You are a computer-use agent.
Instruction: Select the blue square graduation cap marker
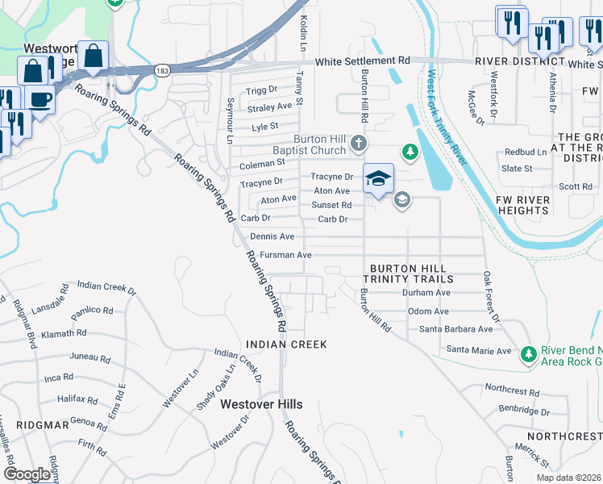pos(378,178)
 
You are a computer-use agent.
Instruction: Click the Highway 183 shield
pos(163,70)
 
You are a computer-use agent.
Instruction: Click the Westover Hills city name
pos(261,404)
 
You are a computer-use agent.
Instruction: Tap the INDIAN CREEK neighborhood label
pos(286,344)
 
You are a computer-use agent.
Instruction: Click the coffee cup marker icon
pos(39,99)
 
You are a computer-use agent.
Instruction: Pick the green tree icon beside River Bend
pos(528,353)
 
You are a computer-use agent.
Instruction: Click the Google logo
pos(27,474)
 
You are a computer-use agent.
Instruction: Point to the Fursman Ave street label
pos(285,255)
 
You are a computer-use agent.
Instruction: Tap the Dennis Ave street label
pos(272,236)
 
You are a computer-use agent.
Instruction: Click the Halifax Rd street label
pos(77,399)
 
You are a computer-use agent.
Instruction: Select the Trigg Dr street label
pos(262,90)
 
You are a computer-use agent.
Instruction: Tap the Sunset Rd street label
pos(331,205)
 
